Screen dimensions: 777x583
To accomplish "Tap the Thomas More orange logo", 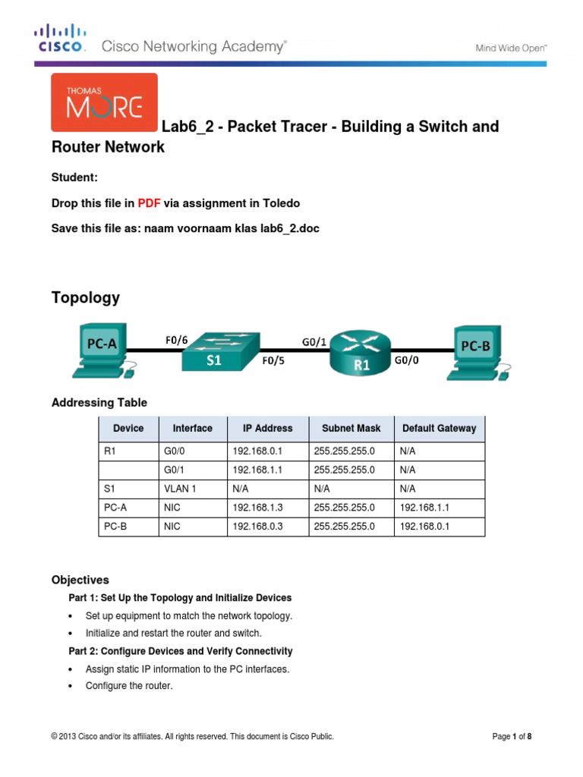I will [x=104, y=102].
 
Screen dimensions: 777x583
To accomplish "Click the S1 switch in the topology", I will [x=214, y=352].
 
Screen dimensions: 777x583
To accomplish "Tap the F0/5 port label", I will [x=274, y=361].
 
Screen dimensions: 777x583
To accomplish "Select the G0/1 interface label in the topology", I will [x=314, y=341].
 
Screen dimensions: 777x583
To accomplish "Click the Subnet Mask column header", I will [x=351, y=428].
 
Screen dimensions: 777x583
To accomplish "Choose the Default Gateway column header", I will [x=439, y=428].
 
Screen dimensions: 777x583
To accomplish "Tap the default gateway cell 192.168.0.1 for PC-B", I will [x=424, y=527].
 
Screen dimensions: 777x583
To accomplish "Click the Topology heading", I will [x=85, y=297].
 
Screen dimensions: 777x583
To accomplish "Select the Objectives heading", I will [x=80, y=580].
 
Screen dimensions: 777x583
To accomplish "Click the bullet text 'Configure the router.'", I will [x=129, y=686].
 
